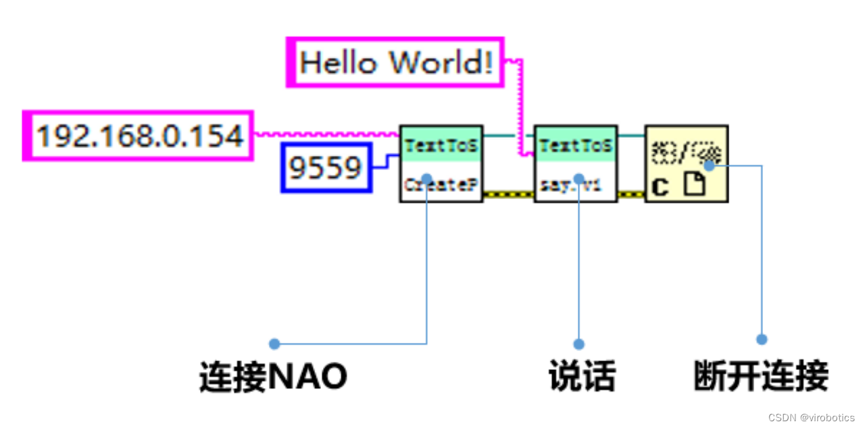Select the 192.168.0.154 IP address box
point(139,136)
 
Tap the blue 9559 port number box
point(326,167)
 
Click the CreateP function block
point(441,163)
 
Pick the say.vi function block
point(575,163)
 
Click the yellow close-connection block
point(686,163)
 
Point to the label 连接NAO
point(273,376)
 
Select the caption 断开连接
point(761,376)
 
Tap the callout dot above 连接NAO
point(274,344)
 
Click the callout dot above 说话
point(578,344)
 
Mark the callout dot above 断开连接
point(762,340)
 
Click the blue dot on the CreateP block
point(427,179)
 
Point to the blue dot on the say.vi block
point(578,179)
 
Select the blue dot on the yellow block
point(709,164)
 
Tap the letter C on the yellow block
point(660,186)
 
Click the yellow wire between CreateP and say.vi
point(508,194)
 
